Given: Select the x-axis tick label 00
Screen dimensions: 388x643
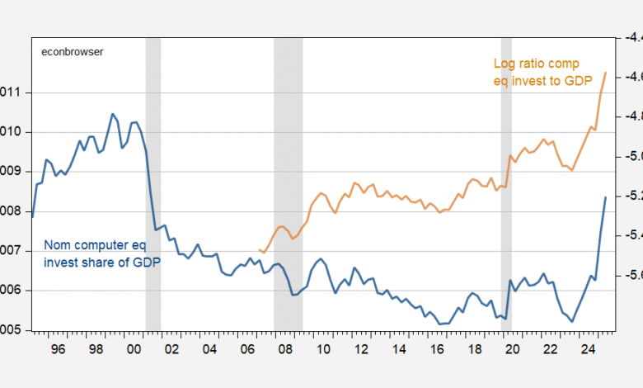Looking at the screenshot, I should click(134, 349).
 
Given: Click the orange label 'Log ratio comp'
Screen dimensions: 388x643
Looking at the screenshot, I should click(537, 64).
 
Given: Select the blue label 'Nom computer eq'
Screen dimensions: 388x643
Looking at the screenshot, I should click(93, 246).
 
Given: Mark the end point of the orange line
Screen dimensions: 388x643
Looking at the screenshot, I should click(606, 73).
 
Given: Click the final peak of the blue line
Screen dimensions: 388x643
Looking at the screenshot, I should click(606, 197).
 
